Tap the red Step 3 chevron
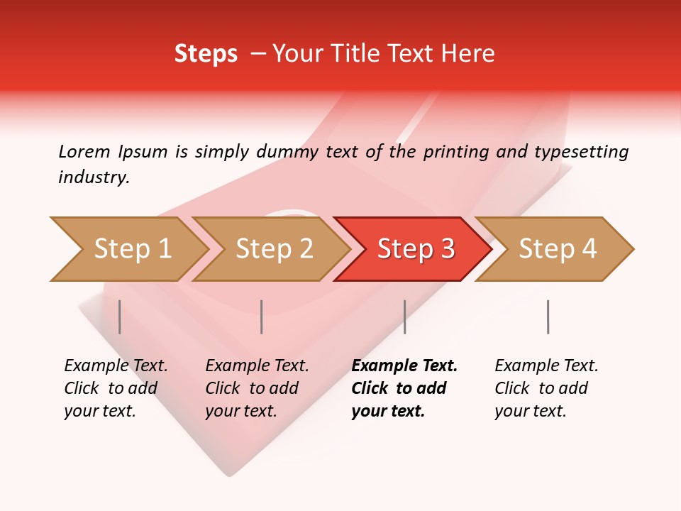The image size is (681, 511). [x=416, y=249]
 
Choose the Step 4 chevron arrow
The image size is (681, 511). [x=558, y=249]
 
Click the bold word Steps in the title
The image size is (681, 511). [x=206, y=54]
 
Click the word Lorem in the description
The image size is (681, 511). [x=84, y=152]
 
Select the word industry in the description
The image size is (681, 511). [x=94, y=177]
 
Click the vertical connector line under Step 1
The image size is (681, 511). [x=120, y=317]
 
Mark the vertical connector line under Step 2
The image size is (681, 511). [x=262, y=317]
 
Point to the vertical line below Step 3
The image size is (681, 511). [x=404, y=317]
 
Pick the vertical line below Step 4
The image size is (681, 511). [x=548, y=317]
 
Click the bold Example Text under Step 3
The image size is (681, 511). [x=404, y=366]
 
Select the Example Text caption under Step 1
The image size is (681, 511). [x=116, y=366]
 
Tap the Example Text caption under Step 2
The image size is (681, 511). [x=257, y=366]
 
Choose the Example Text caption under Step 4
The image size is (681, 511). [x=546, y=366]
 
